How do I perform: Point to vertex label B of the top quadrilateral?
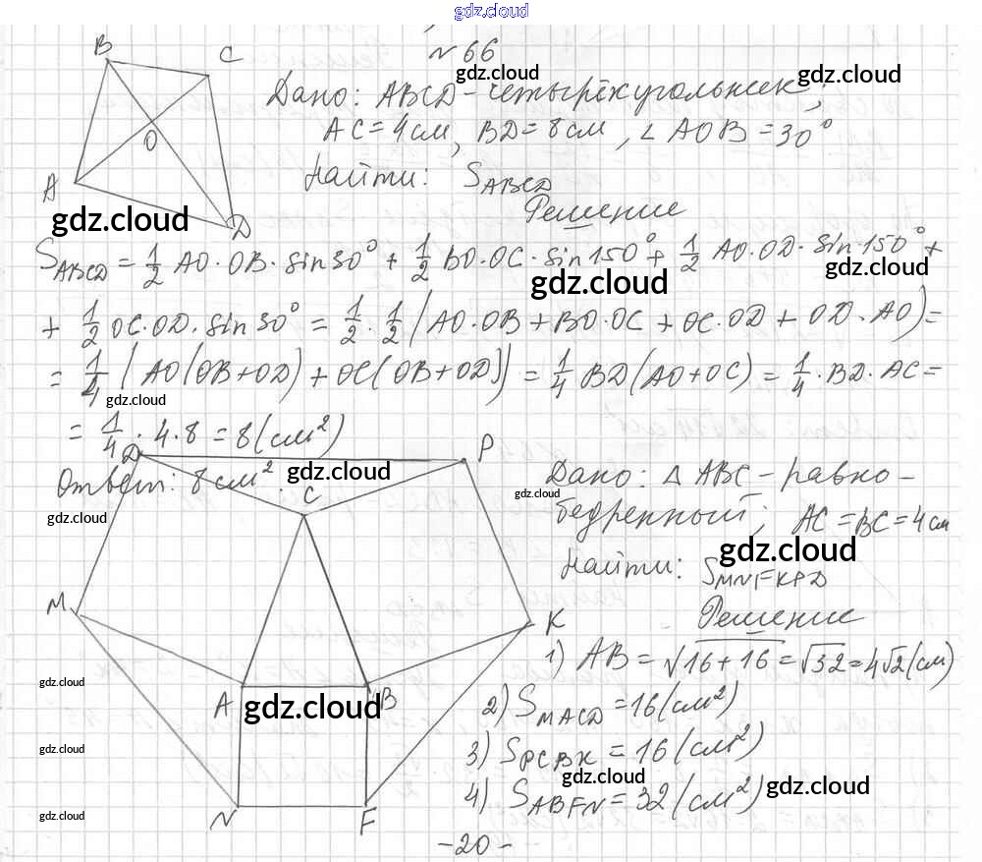tap(101, 45)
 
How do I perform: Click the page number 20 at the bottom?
tap(472, 844)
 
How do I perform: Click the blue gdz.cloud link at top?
tap(491, 11)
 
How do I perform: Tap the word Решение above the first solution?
tap(604, 209)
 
